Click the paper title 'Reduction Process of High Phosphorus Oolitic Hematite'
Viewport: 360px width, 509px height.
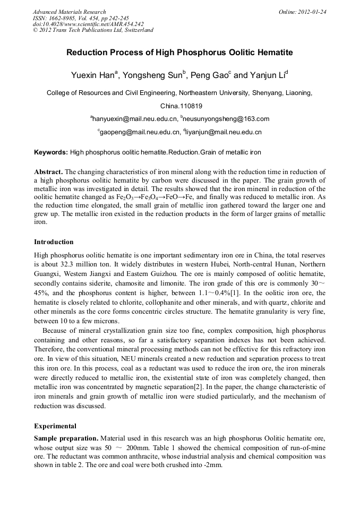179,53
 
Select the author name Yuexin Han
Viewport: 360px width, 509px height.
93,75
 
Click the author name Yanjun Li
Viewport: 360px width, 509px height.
268,75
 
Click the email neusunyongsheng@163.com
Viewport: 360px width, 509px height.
226,118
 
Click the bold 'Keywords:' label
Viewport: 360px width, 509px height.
51,152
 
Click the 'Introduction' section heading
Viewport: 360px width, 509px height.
54,242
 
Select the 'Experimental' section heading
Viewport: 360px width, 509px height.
55,426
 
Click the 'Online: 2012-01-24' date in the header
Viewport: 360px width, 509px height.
302,12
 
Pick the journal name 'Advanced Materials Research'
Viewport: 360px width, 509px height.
69,12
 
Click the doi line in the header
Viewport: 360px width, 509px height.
88,24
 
